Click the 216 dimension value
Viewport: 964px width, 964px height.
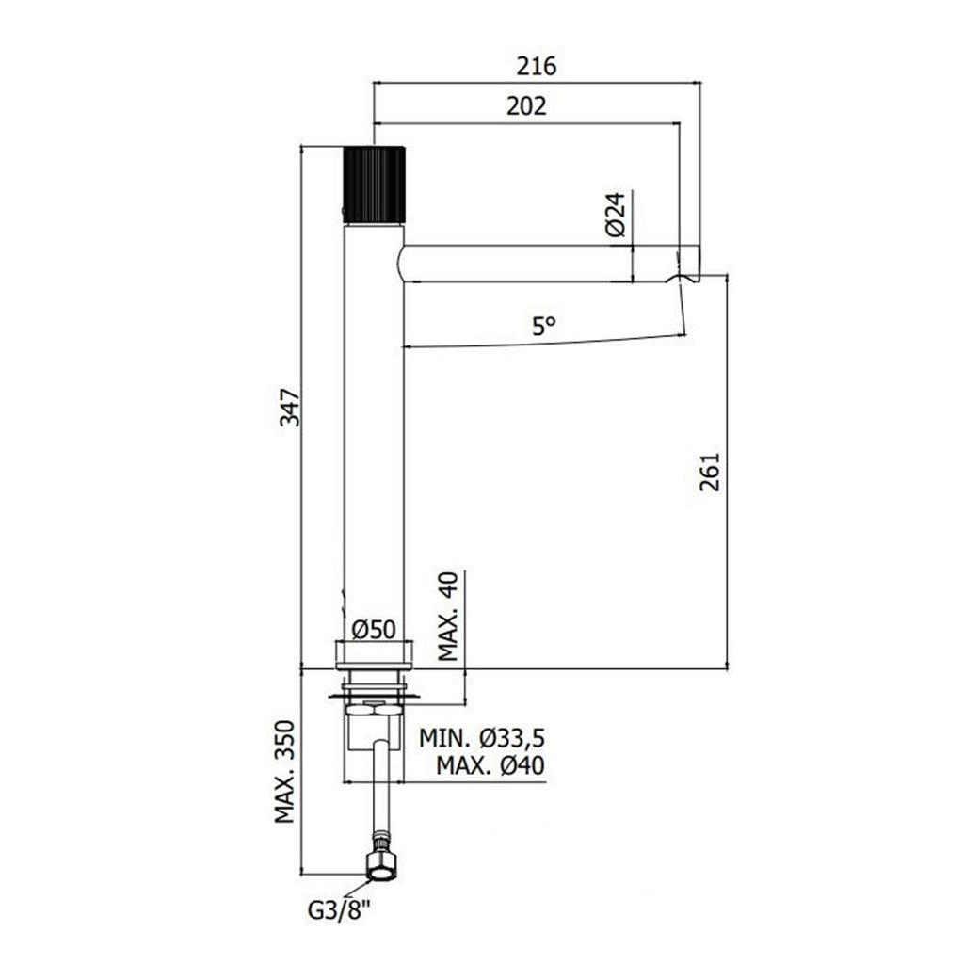pos(536,66)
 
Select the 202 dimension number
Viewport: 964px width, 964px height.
pos(526,106)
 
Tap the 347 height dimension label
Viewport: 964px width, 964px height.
pos(290,407)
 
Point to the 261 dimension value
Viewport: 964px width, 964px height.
pos(709,473)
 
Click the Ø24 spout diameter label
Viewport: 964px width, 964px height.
pos(615,214)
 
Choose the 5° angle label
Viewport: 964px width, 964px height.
pos(544,325)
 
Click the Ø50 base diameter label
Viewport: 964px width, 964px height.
pos(374,630)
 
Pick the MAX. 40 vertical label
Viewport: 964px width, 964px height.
pos(449,616)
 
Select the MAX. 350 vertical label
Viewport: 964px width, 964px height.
pos(284,772)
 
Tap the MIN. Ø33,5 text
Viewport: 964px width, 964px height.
pos(482,738)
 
